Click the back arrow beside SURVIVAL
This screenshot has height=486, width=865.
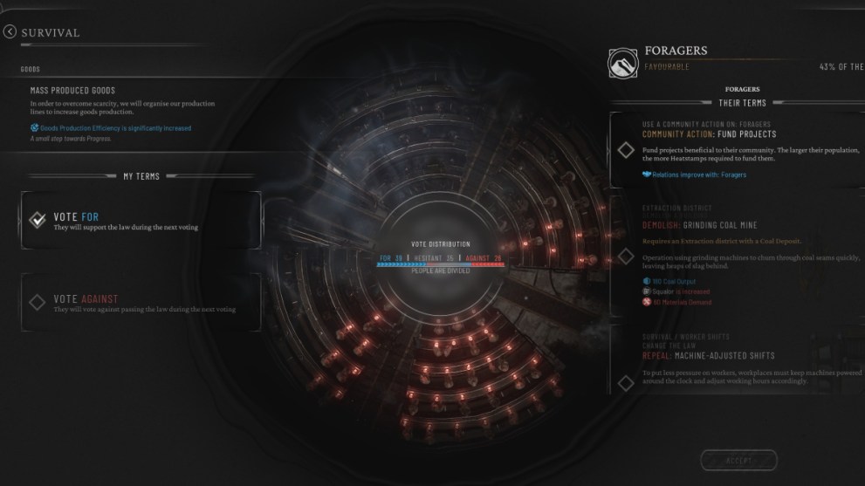point(10,32)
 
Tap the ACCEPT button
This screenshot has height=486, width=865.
point(738,460)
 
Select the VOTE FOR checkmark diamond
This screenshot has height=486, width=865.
point(38,220)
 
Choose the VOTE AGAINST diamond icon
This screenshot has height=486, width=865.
point(38,302)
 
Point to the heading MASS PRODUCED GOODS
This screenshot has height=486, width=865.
point(72,90)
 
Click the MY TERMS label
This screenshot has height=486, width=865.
point(141,176)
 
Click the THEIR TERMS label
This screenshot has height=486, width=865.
point(742,102)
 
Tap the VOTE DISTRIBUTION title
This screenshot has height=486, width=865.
point(440,243)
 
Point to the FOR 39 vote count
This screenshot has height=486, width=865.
point(390,257)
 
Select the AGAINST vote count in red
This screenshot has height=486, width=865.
point(484,257)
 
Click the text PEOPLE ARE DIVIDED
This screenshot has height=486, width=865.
point(440,270)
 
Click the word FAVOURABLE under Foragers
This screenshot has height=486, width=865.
point(666,66)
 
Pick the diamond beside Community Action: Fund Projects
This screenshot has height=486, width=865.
point(626,150)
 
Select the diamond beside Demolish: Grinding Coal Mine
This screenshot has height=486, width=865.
point(626,256)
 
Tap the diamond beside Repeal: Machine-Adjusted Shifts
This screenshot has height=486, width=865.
point(626,383)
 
